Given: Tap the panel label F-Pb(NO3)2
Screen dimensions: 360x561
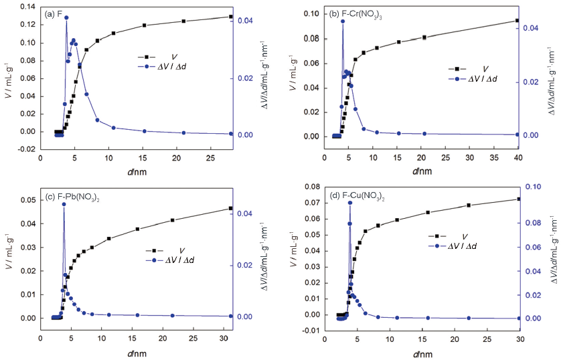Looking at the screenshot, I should click(70, 196).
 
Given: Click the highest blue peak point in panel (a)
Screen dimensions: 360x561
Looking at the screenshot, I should click(66, 17).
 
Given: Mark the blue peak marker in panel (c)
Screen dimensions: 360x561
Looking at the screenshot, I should click(64, 204).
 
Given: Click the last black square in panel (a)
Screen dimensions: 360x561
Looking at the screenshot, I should click(230, 17).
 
